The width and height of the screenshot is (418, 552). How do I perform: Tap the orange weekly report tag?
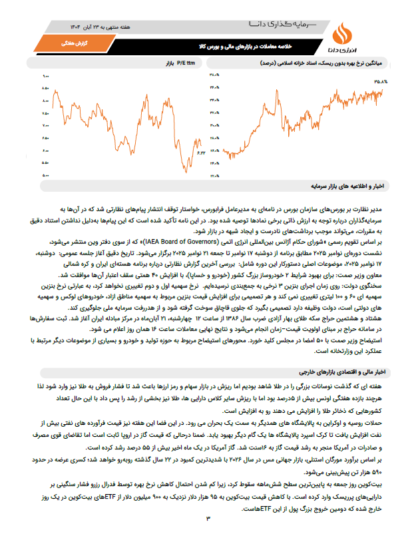click(57, 43)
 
